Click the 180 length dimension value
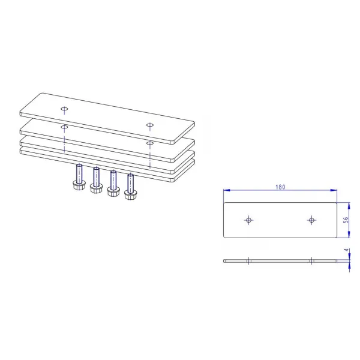pos(280,187)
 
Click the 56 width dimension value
pos(346,220)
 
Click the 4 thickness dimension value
pos(347,250)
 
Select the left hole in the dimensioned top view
pos(248,220)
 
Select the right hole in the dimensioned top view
pos(311,220)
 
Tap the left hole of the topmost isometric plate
pos(64,109)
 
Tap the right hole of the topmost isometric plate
pos(150,125)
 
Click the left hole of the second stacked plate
pos(64,127)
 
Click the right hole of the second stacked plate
pos(150,143)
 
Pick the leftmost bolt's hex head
pos(79,185)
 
